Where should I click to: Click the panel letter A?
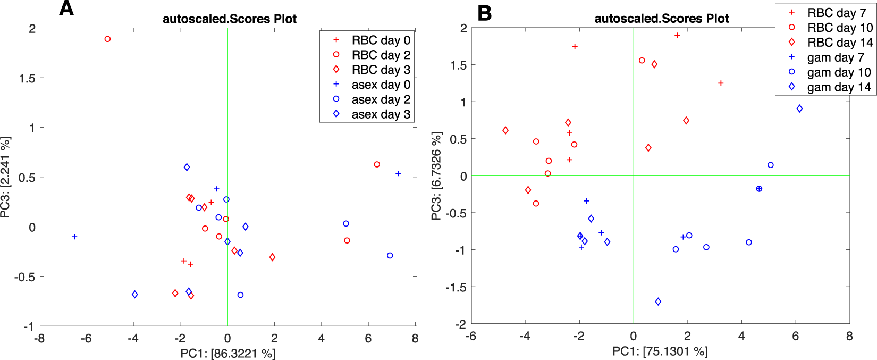tap(66, 9)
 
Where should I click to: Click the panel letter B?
tap(484, 13)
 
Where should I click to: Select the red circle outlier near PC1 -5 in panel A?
tap(107, 39)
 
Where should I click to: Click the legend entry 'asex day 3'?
tap(381, 114)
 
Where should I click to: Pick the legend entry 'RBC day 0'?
tap(381, 40)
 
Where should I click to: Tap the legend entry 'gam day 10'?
tap(839, 72)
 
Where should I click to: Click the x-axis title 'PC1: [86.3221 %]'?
tap(227, 353)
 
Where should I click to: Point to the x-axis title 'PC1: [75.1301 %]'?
tap(660, 351)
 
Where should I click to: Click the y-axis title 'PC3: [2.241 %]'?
tap(6, 177)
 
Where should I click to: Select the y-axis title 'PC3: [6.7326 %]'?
tap(436, 176)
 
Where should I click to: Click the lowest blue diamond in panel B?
tap(658, 302)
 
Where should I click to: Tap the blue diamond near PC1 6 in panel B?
tap(799, 108)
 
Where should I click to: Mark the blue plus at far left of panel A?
tap(74, 237)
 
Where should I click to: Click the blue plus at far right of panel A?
tap(398, 174)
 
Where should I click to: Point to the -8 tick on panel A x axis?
tap(39, 338)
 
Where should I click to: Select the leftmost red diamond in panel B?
tap(505, 130)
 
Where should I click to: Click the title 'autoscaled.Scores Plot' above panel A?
tap(229, 19)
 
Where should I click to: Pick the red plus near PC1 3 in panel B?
tap(721, 83)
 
